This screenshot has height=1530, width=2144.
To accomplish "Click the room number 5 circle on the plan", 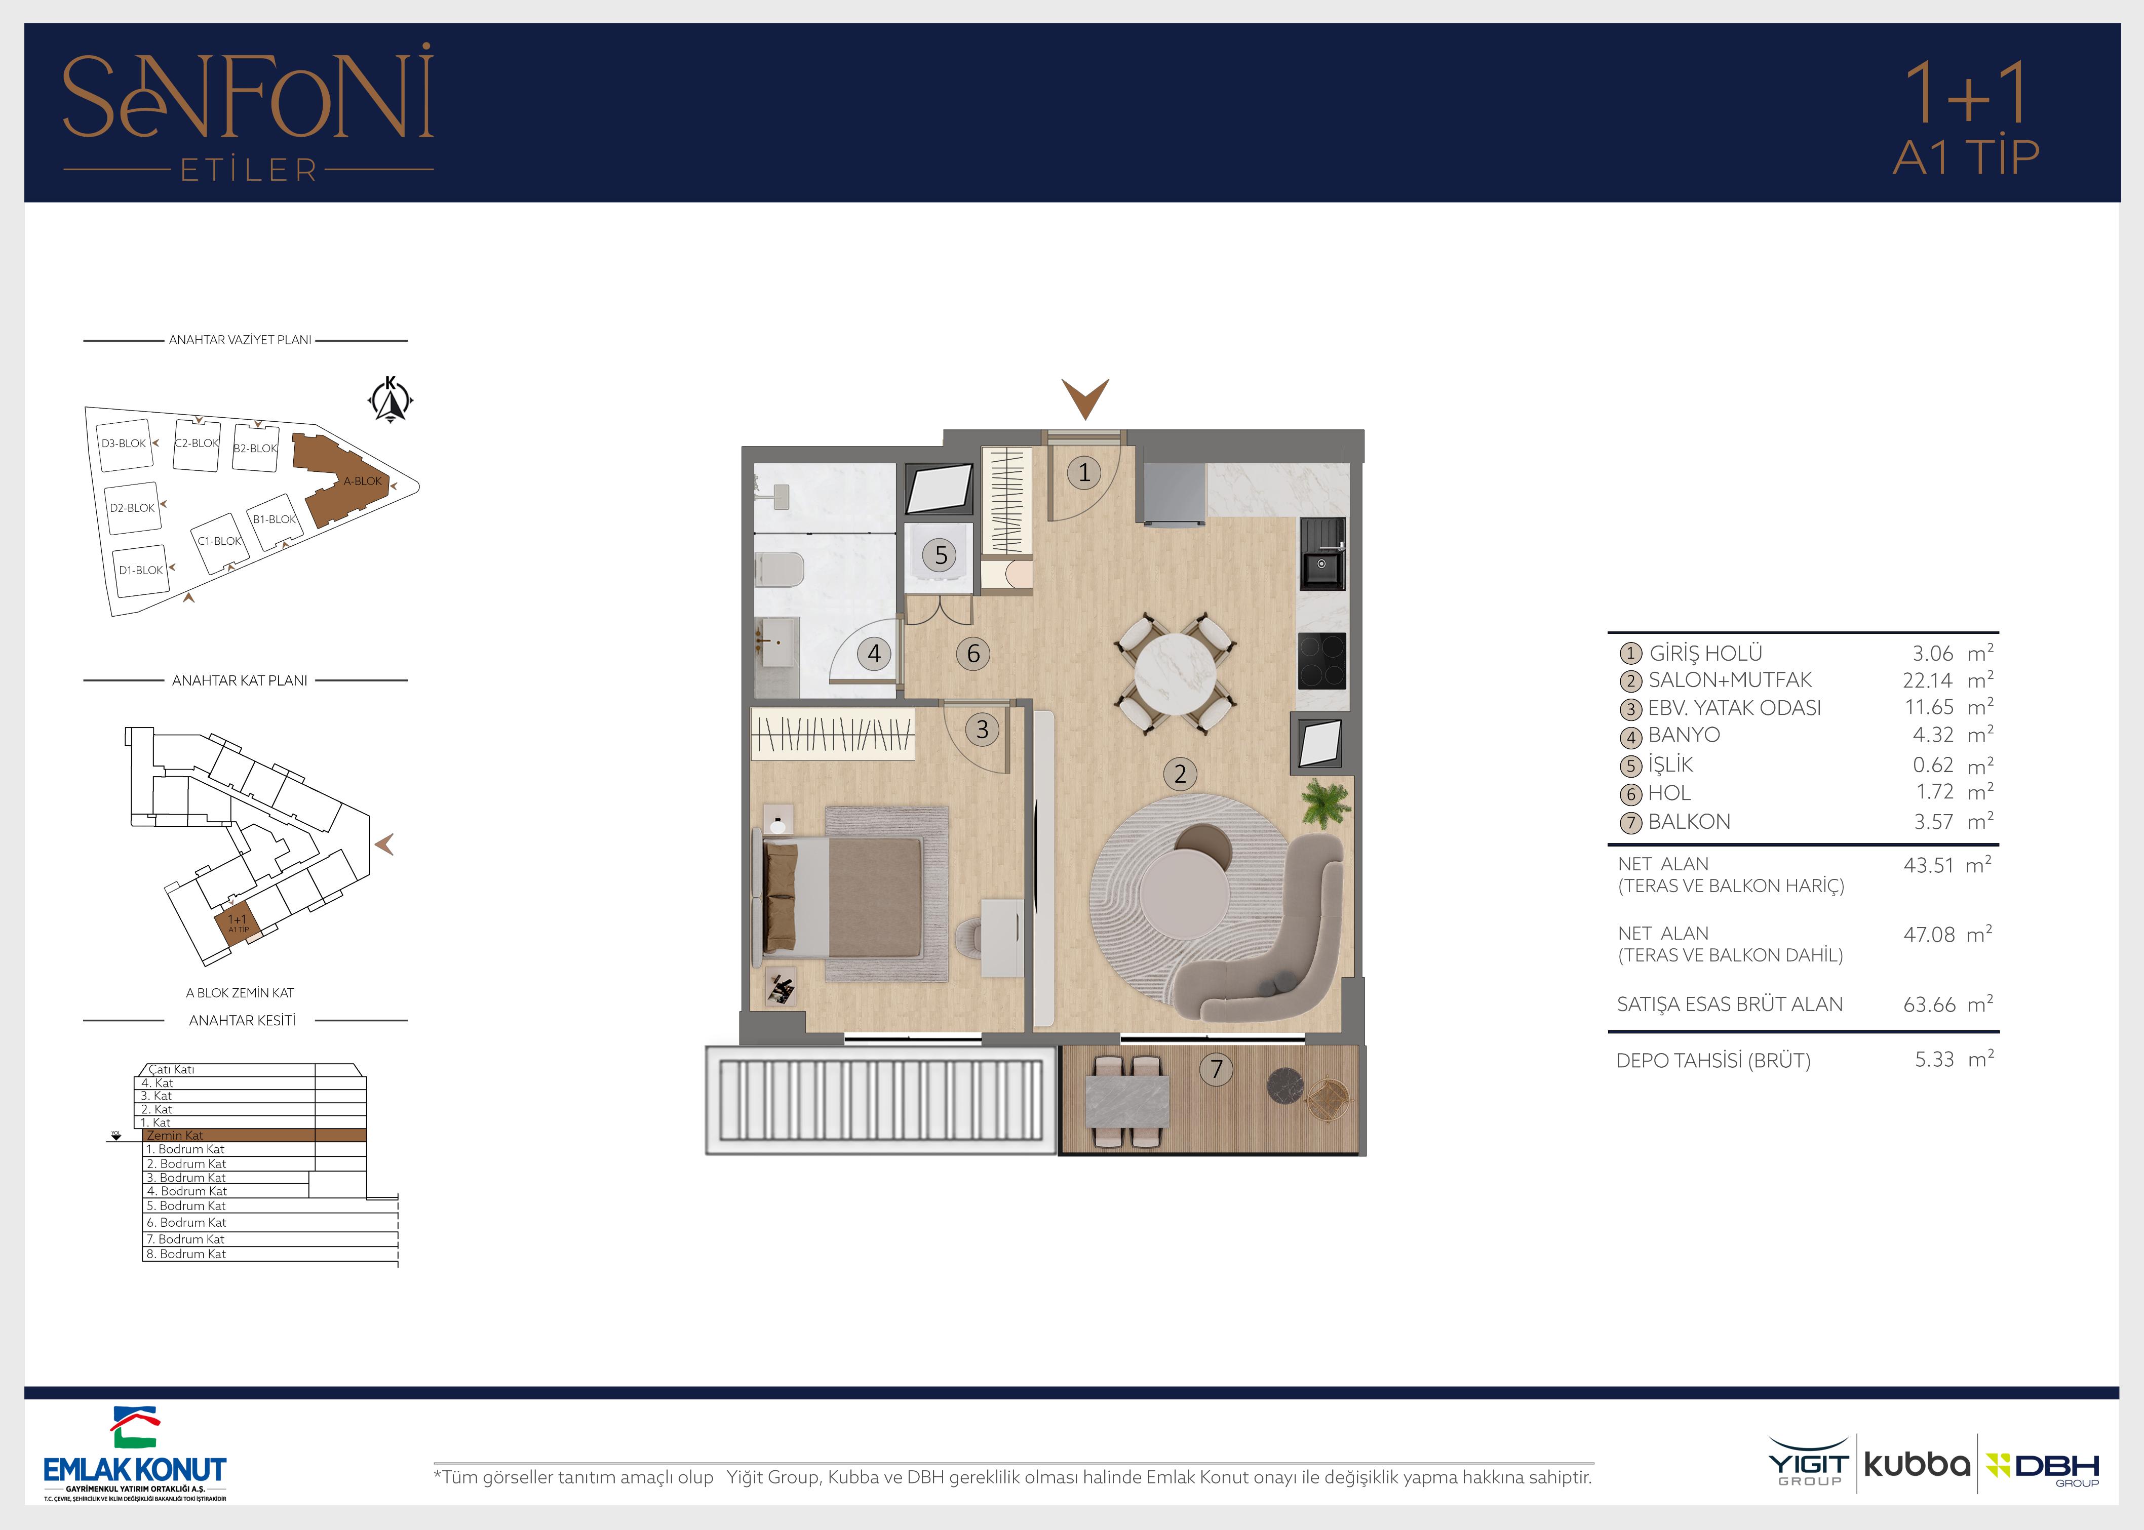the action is click(941, 555).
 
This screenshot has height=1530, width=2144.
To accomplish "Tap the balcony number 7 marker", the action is click(1217, 1068).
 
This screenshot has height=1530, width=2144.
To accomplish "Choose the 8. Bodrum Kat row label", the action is click(186, 1254).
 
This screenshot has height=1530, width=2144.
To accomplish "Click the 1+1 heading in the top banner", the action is click(1965, 94).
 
